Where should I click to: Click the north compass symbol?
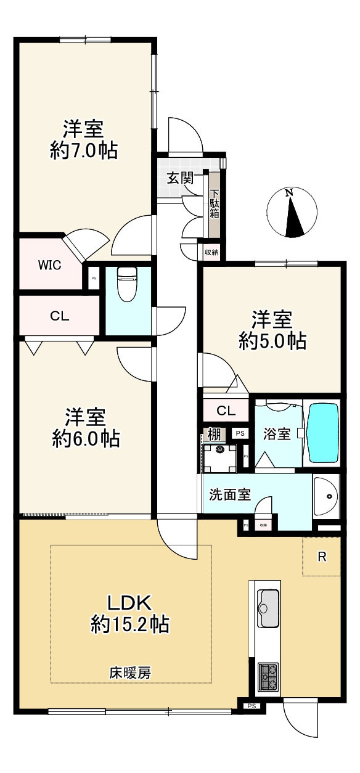294,213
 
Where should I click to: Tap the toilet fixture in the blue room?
126,284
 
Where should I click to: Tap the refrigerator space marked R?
321,557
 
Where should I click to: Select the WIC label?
49,266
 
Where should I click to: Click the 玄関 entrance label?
181,179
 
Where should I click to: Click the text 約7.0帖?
84,150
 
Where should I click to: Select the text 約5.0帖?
272,340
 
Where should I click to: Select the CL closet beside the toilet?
59,316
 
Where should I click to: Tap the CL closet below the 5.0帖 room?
225,411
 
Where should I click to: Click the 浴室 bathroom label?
277,433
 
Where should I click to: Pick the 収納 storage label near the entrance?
211,252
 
